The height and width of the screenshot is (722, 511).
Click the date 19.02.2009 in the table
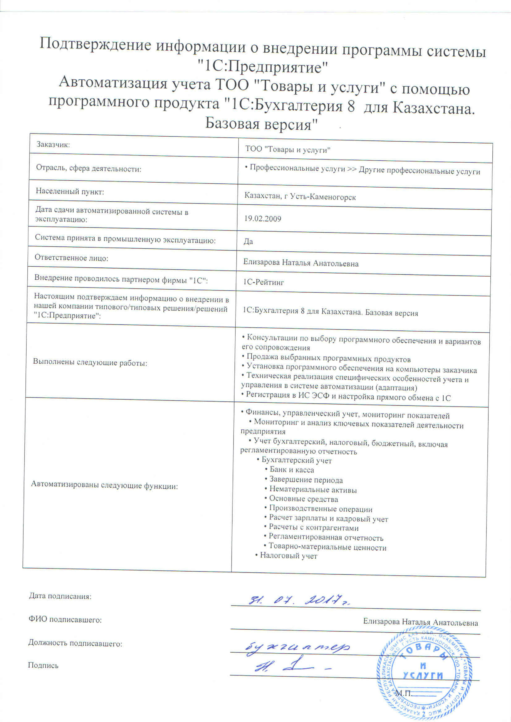click(263, 219)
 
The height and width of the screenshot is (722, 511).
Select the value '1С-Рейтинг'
click(264, 282)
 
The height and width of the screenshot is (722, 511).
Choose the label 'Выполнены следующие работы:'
click(90, 363)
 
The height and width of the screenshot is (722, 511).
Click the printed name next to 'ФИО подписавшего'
click(420, 622)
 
